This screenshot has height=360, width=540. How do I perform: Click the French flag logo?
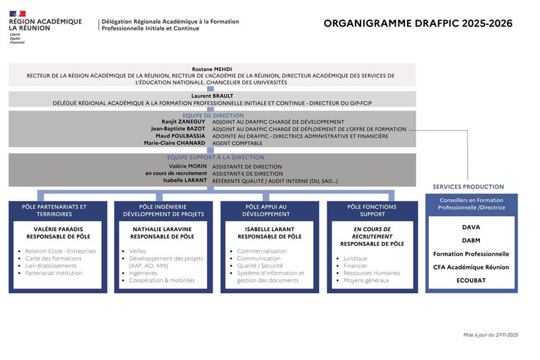pyautogui.click(x=18, y=13)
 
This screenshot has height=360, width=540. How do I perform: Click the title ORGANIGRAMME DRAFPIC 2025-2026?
pyautogui.click(x=418, y=24)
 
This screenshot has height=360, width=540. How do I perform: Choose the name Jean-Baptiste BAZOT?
pyautogui.click(x=178, y=128)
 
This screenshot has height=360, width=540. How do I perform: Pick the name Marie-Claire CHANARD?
pyautogui.click(x=174, y=143)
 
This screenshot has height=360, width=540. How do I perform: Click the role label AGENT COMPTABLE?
pyautogui.click(x=238, y=143)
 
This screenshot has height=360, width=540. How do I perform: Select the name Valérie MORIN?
pyautogui.click(x=187, y=166)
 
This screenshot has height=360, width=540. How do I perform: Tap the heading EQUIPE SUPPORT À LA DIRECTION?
pyautogui.click(x=212, y=157)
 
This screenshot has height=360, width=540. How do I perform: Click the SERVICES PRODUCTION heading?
pyautogui.click(x=468, y=186)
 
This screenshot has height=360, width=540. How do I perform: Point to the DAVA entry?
pyautogui.click(x=471, y=228)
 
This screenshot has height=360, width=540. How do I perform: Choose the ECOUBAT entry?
pyautogui.click(x=471, y=280)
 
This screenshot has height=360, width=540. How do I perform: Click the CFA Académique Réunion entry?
pyautogui.click(x=471, y=267)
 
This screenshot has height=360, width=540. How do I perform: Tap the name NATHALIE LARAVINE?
pyautogui.click(x=162, y=230)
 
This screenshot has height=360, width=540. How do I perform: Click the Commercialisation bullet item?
pyautogui.click(x=262, y=251)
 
